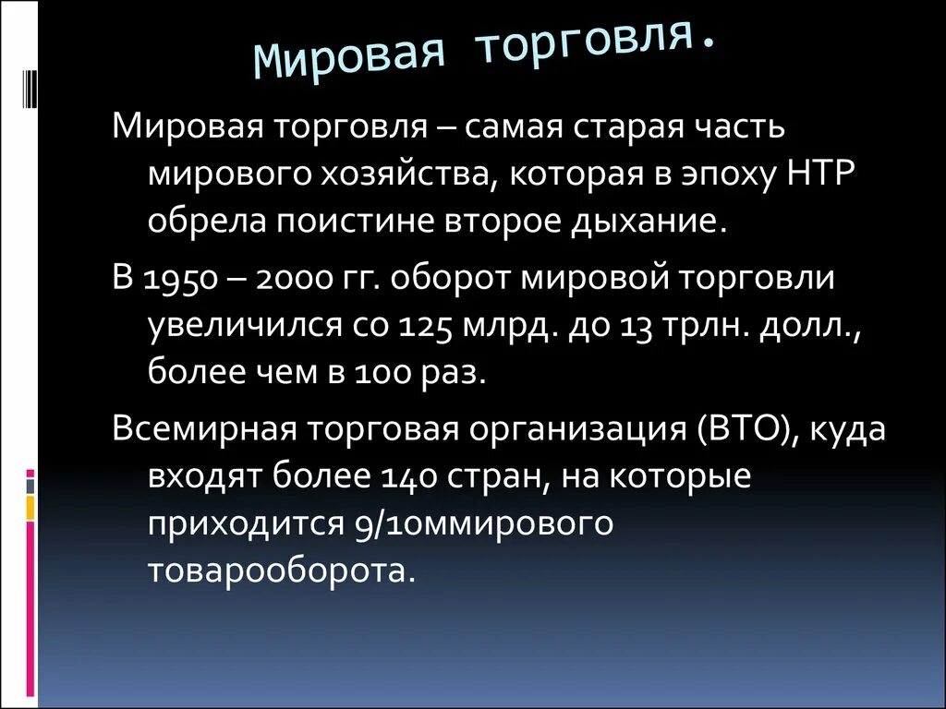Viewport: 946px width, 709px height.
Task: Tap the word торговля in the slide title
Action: click(596, 42)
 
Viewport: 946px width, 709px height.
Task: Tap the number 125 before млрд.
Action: click(426, 328)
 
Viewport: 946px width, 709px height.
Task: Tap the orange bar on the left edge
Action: click(30, 507)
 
